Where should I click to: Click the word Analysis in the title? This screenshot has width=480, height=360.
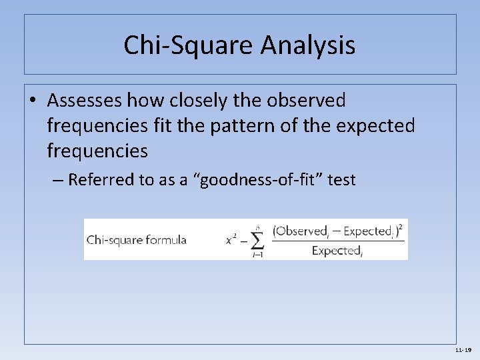click(x=308, y=45)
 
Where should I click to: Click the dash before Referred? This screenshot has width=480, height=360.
click(x=57, y=180)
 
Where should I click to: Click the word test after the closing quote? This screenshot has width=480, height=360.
click(x=340, y=180)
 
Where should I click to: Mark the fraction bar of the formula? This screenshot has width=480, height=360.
click(x=339, y=241)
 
